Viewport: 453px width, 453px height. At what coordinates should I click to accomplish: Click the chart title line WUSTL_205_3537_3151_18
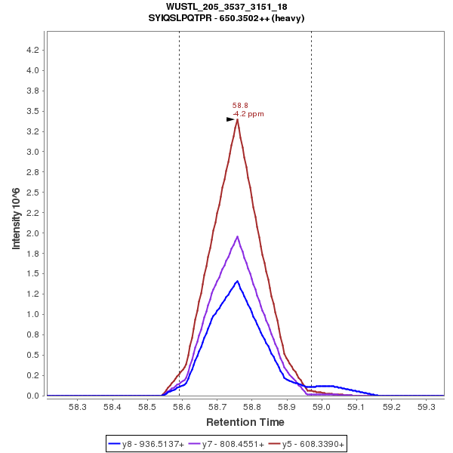(x=226, y=7)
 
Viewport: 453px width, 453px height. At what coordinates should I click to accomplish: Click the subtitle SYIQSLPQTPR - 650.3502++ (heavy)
(x=226, y=17)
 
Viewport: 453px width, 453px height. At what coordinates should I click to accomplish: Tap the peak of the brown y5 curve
(x=237, y=119)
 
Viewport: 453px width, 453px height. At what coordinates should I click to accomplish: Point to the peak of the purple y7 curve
(x=238, y=236)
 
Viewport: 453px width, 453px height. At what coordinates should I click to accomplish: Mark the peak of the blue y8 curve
(x=238, y=281)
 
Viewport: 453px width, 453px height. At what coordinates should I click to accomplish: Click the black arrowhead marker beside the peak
(x=231, y=119)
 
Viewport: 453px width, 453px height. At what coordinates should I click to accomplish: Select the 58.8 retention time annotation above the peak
(x=240, y=106)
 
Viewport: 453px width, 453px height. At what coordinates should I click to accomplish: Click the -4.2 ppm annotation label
(x=248, y=114)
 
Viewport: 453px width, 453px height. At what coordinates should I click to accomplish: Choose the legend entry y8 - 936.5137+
(x=146, y=445)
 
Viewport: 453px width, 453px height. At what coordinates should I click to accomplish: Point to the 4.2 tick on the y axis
(x=33, y=50)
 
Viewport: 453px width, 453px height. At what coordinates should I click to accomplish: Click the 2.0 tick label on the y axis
(x=33, y=233)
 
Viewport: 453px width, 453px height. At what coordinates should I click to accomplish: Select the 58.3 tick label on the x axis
(x=77, y=407)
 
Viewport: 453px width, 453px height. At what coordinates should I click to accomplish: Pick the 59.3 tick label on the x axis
(x=427, y=407)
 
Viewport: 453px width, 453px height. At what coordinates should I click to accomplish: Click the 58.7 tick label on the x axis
(x=217, y=407)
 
